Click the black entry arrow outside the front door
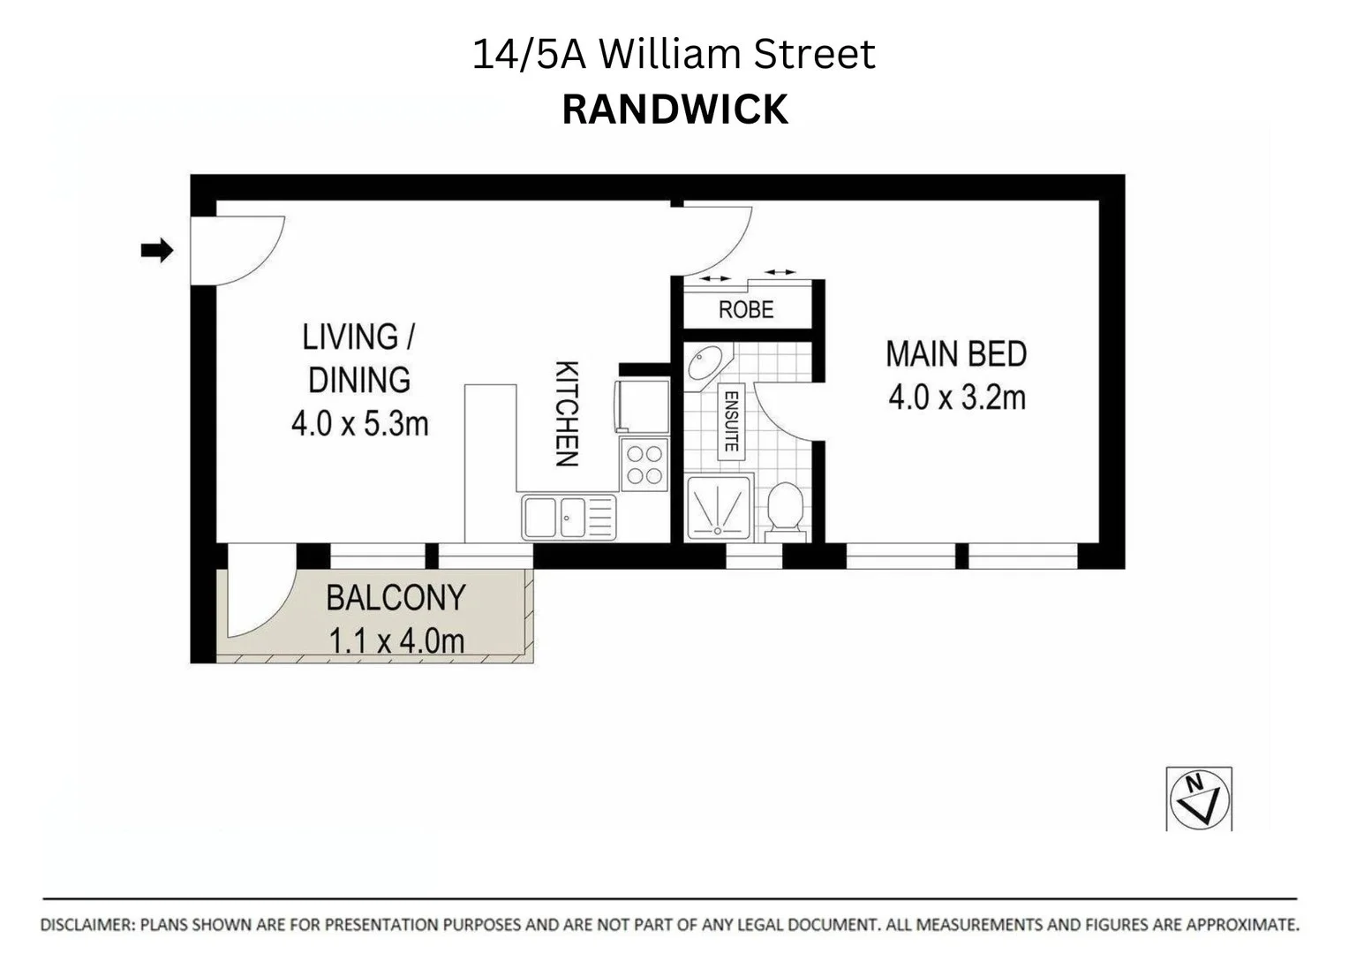(157, 251)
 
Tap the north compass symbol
(1199, 799)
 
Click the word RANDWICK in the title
(674, 110)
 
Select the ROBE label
(746, 310)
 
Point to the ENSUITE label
(731, 421)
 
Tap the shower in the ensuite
(719, 508)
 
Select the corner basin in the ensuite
(706, 364)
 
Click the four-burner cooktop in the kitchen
(644, 465)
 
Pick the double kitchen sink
(569, 517)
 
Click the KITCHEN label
(566, 413)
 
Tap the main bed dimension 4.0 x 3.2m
(957, 397)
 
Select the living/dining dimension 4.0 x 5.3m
(359, 424)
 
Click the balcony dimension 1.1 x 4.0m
(396, 640)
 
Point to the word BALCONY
(396, 598)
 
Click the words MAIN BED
(956, 354)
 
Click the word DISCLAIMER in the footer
(87, 925)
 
